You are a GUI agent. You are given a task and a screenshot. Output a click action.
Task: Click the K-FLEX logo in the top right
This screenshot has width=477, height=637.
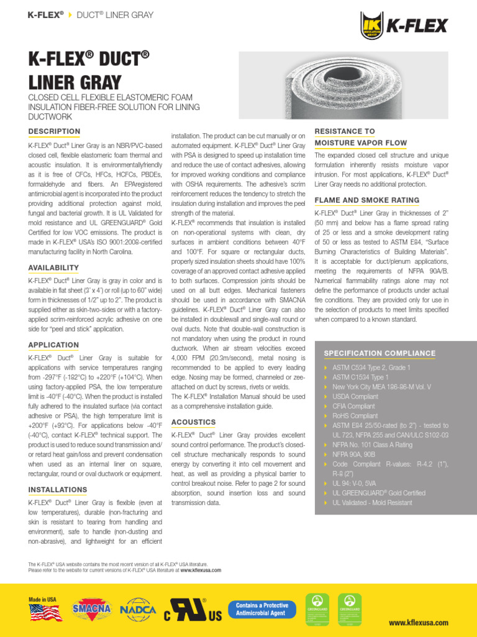click(403, 26)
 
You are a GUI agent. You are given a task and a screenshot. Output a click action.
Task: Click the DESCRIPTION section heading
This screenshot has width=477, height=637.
click(55, 131)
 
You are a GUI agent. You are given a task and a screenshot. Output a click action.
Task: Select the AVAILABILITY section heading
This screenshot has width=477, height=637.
click(53, 267)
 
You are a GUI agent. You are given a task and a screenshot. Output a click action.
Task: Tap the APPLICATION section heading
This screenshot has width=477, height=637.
click(53, 345)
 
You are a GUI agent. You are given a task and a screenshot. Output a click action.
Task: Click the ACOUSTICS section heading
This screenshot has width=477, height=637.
click(193, 422)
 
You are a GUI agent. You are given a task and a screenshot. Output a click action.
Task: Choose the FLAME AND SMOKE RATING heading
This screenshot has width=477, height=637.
click(366, 200)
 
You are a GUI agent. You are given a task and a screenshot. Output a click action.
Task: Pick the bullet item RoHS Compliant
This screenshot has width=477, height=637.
click(355, 416)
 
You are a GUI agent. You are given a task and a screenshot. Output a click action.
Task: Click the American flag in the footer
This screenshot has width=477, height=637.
click(45, 613)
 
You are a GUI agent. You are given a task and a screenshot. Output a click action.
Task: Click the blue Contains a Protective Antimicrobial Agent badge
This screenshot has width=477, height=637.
click(261, 610)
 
